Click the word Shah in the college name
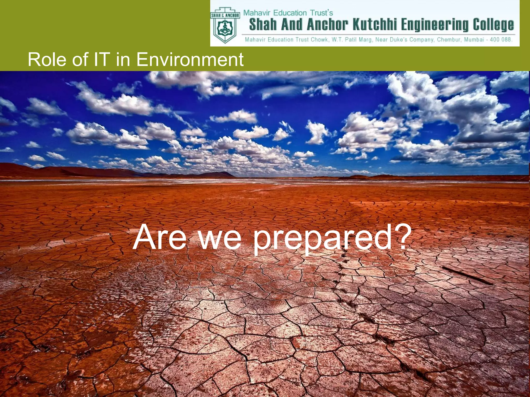263,25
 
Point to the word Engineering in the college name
435,25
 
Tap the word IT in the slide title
101,59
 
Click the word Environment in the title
190,59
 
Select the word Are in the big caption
159,237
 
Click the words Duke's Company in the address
411,40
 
